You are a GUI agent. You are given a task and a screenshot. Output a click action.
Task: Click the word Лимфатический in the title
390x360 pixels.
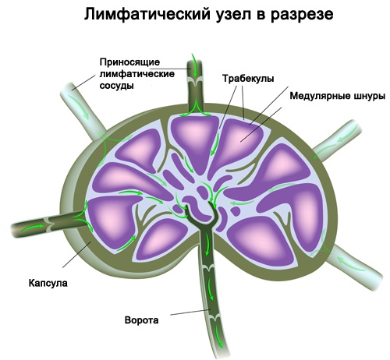point(147,14)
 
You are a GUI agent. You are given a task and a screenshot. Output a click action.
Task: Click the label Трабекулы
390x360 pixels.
point(248,79)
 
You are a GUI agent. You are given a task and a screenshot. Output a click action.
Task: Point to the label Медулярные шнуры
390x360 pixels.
point(337,96)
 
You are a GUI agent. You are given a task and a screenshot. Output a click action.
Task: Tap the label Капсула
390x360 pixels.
point(48,283)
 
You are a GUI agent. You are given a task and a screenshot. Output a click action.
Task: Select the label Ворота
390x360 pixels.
point(141,319)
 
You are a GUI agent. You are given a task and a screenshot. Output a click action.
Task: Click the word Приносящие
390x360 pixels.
point(129,62)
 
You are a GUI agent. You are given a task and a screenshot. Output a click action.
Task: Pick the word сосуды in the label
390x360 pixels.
point(117,86)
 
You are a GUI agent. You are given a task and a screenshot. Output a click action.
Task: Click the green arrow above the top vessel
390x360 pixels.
point(194,59)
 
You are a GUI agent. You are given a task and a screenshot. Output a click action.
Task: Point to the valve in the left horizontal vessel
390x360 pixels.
point(49,224)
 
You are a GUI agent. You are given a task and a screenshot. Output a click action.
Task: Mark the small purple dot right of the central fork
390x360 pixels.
point(236,211)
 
